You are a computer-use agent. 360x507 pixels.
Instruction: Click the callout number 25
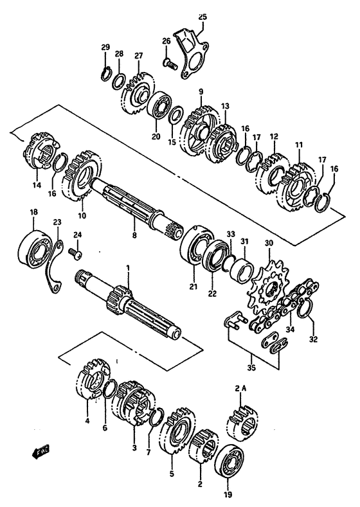tap(202, 16)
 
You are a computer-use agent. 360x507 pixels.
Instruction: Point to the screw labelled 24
tap(75, 256)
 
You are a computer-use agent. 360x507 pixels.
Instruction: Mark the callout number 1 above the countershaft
tap(127, 267)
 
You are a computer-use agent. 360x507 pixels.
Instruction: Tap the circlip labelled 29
tap(105, 73)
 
